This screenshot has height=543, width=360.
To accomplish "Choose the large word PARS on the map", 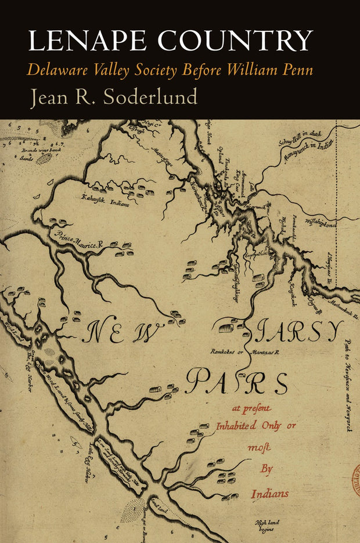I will click(238, 383).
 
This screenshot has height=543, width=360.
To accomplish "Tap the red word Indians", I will click(269, 494).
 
